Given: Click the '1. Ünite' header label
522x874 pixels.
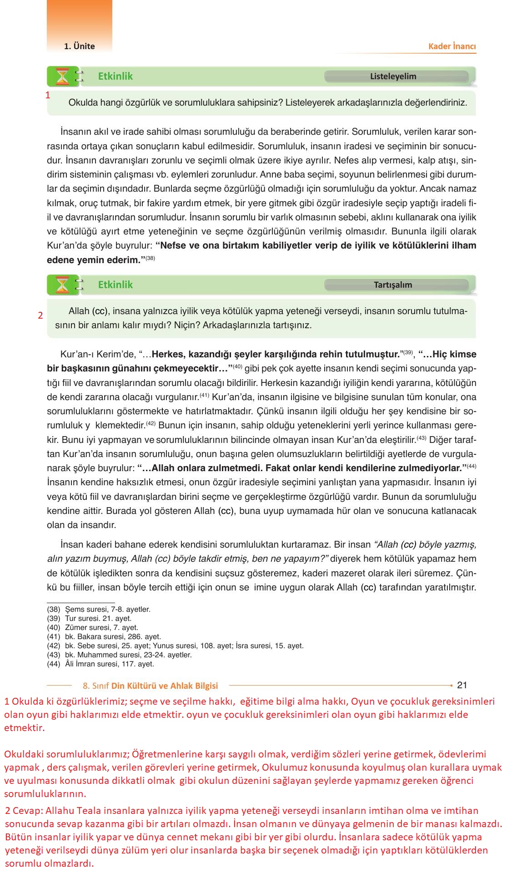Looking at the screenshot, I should (x=79, y=46).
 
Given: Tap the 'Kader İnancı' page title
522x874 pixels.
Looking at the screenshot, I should (x=452, y=46).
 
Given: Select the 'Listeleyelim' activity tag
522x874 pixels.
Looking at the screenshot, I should (x=393, y=76).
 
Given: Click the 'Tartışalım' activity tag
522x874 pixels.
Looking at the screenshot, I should (x=393, y=285).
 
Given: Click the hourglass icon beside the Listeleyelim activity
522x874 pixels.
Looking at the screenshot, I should (x=62, y=76).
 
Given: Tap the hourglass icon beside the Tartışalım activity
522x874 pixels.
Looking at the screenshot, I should (x=62, y=285).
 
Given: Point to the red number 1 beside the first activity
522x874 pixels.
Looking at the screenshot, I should (x=48, y=95).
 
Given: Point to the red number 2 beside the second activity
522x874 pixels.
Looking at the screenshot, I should (x=40, y=315).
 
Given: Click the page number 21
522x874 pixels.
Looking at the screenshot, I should (x=462, y=685).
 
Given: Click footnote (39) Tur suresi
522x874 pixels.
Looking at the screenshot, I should (x=89, y=618).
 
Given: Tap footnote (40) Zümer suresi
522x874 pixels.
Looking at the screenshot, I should (x=92, y=627).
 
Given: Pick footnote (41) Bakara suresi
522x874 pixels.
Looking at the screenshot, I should (x=104, y=636).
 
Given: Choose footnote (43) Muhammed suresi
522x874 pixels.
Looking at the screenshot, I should (x=119, y=655).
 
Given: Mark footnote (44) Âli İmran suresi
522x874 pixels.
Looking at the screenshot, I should (x=100, y=664).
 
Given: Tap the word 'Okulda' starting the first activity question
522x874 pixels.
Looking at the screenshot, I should (x=82, y=102).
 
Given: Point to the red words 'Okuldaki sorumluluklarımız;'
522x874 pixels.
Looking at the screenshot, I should (x=67, y=754).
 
